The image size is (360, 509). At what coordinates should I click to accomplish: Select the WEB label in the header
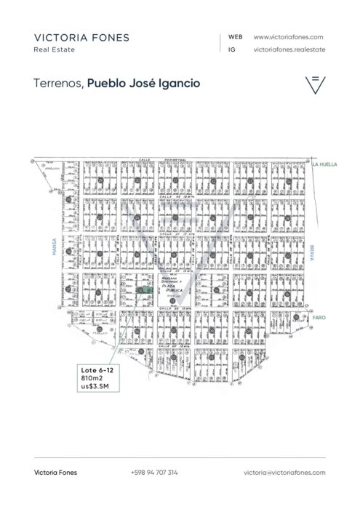235,36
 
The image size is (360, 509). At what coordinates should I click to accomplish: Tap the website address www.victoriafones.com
288,36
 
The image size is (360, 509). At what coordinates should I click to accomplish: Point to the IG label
231,49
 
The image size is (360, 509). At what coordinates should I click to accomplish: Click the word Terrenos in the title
58,84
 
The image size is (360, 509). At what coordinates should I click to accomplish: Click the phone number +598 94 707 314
154,473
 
